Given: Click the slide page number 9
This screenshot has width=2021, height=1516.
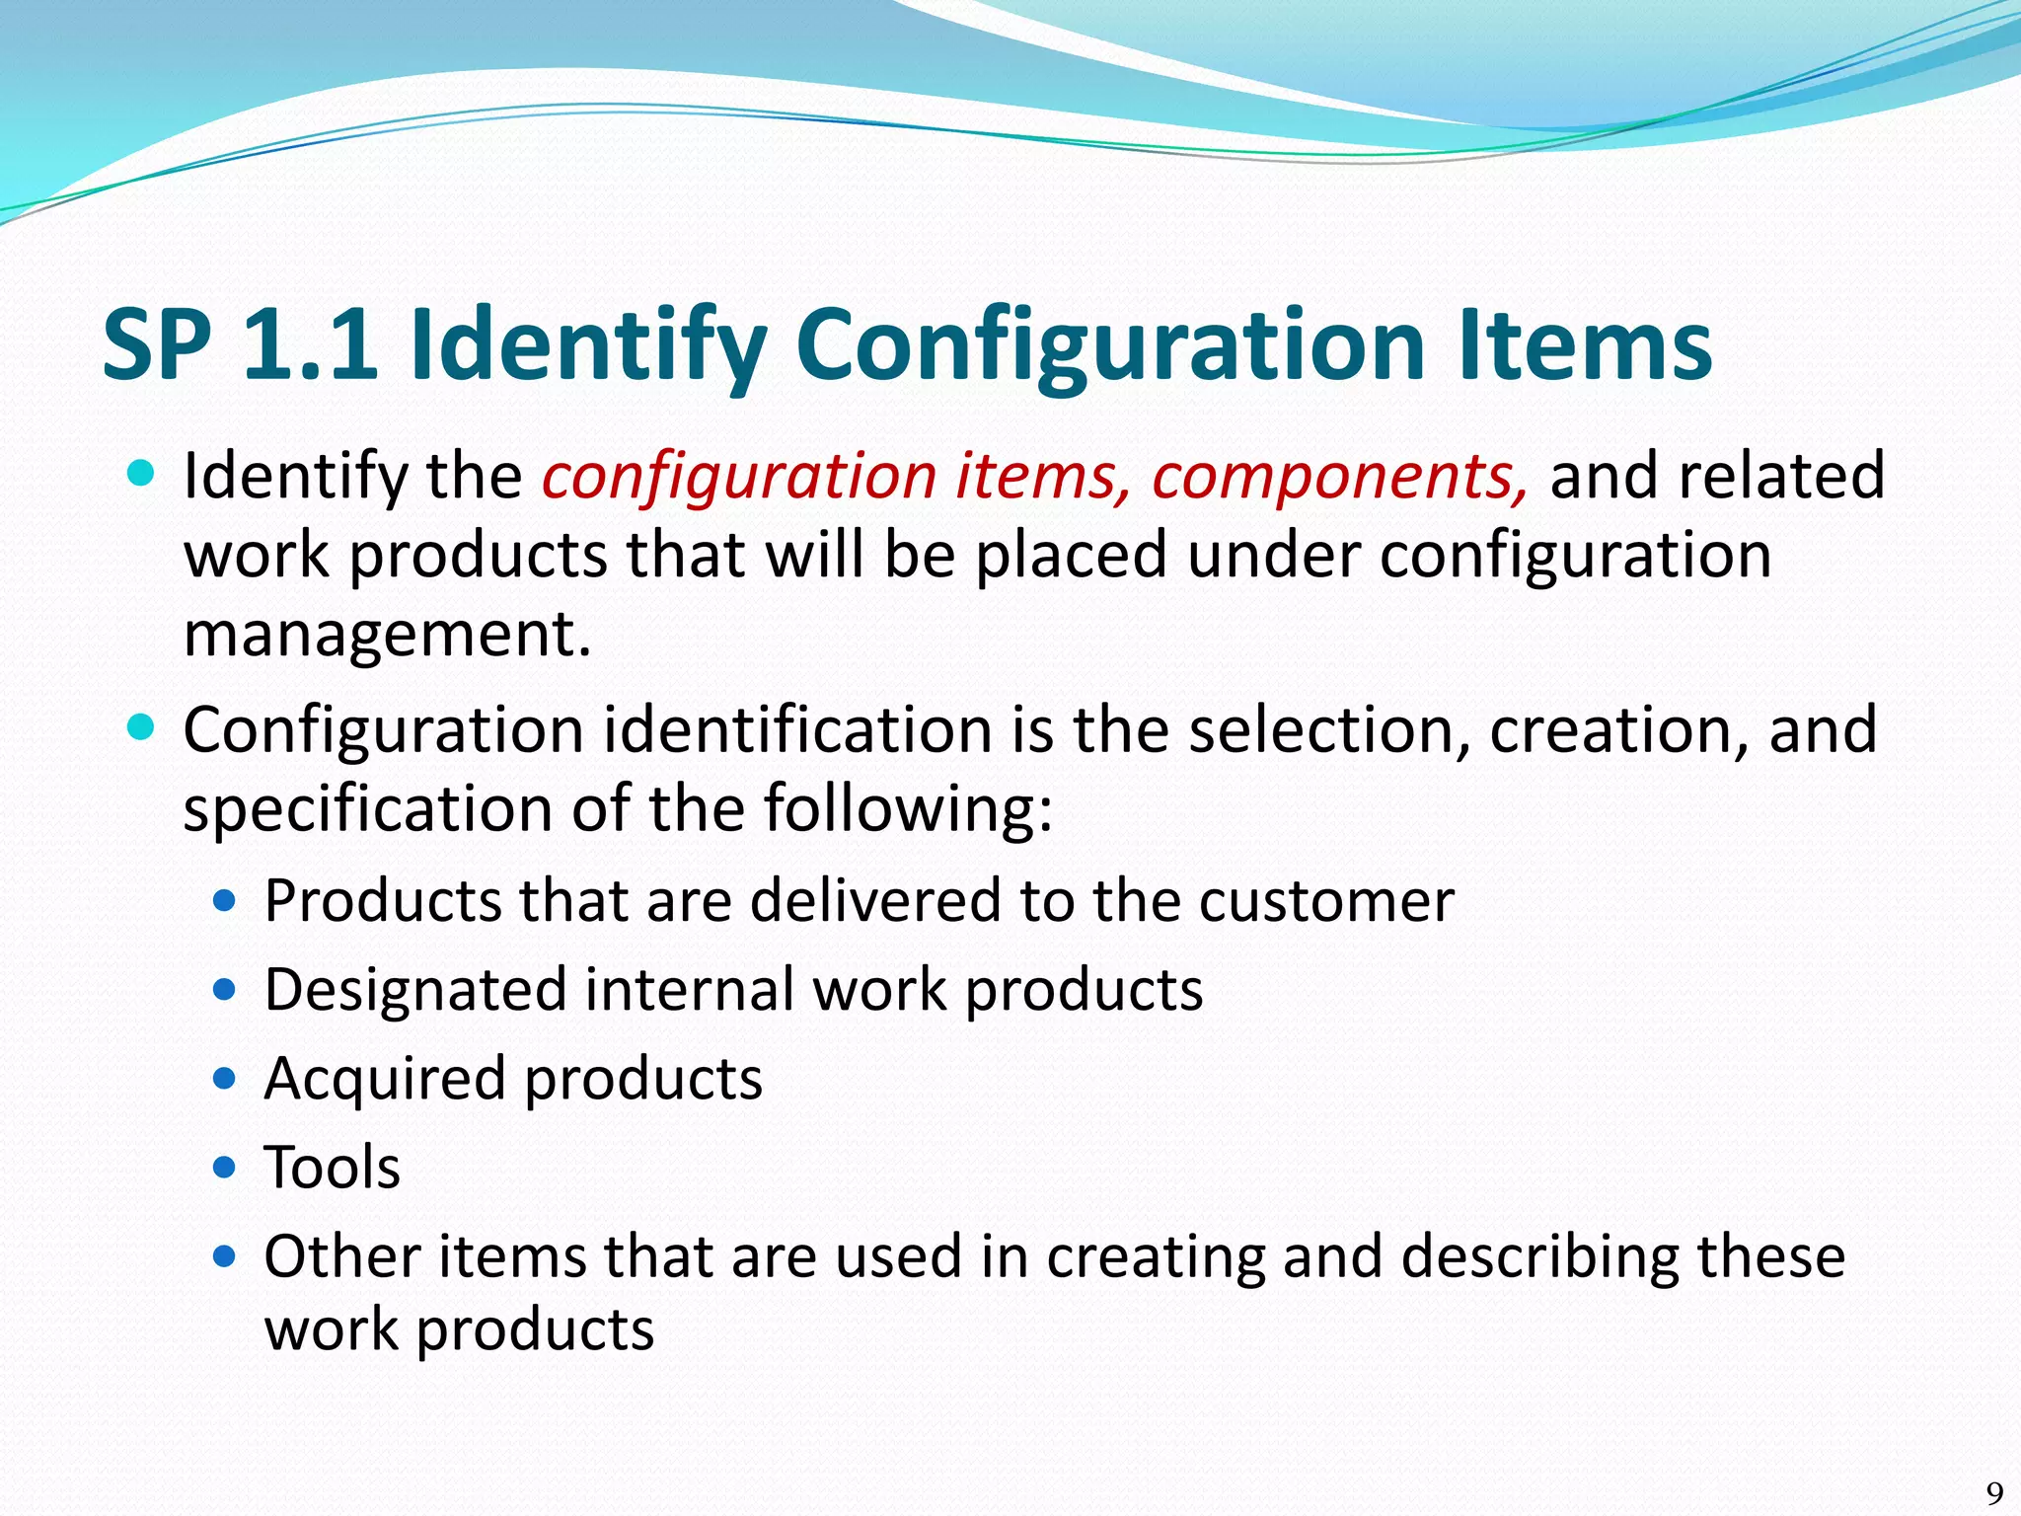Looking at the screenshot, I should click(1994, 1491).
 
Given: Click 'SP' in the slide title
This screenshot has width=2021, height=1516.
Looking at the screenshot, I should click(157, 343).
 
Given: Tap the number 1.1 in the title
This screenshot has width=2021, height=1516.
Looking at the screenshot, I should click(310, 343).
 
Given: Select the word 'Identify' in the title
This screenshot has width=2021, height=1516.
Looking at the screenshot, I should click(588, 345).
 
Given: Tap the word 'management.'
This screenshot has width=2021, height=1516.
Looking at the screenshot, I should click(387, 634).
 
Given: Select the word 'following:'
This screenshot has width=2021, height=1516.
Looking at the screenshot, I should click(908, 809).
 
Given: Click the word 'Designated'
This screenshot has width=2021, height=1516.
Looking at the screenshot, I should click(415, 991).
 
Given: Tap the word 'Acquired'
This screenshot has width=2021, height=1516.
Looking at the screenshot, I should click(386, 1078).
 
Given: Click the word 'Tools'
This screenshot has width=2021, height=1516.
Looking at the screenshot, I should click(333, 1168).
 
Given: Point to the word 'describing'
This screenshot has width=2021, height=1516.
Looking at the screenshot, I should click(1539, 1256).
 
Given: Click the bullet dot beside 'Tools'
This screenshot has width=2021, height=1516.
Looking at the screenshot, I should click(225, 1169).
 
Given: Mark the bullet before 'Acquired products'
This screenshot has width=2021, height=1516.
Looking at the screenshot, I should click(225, 1079).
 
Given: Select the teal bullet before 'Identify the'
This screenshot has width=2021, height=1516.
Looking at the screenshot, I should click(142, 474).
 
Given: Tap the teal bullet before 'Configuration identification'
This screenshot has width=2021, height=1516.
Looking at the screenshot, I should click(142, 728).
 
